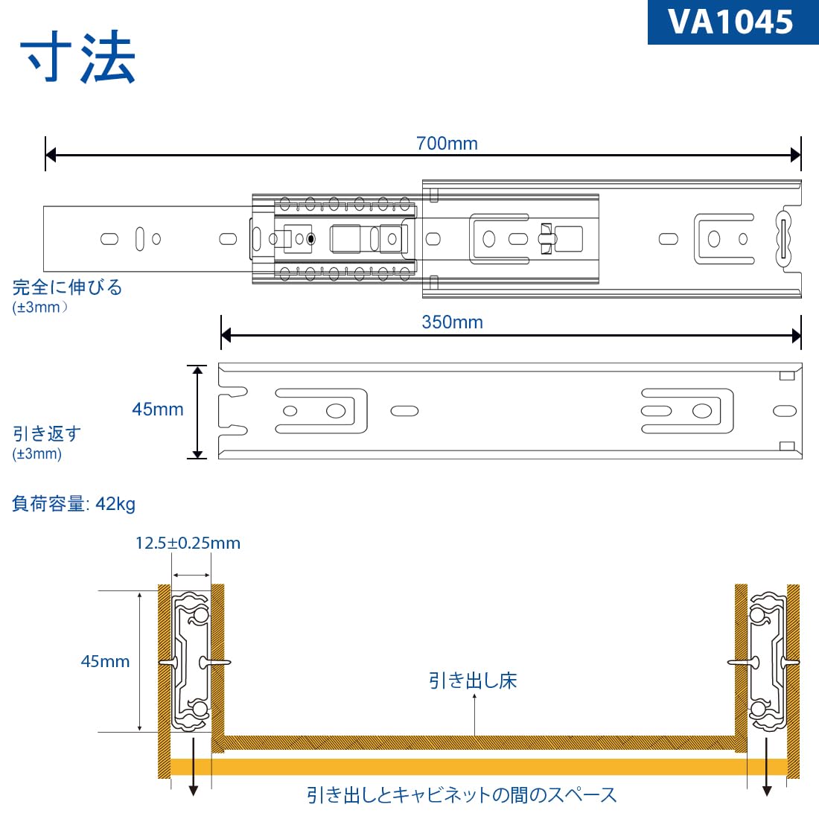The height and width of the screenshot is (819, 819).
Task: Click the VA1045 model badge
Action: pyautogui.click(x=733, y=22)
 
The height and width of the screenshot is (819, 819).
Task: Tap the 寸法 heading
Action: pyautogui.click(x=78, y=58)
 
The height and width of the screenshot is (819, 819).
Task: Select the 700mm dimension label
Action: pyautogui.click(x=447, y=143)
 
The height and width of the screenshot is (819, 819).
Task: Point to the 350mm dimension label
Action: pyautogui.click(x=452, y=322)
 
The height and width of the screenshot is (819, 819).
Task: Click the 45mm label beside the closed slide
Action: pyautogui.click(x=157, y=409)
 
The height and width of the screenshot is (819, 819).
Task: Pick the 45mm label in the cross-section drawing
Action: pyautogui.click(x=105, y=661)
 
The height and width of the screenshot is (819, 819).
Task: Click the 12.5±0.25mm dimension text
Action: pyautogui.click(x=188, y=543)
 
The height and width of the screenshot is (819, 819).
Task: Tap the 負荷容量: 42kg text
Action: pyautogui.click(x=74, y=504)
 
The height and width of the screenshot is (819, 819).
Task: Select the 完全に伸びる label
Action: pyautogui.click(x=67, y=287)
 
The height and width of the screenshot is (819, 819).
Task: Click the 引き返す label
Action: pyautogui.click(x=47, y=433)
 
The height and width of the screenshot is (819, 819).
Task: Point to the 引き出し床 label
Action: pyautogui.click(x=473, y=680)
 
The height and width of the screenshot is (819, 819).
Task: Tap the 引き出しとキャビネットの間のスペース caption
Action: pyautogui.click(x=462, y=795)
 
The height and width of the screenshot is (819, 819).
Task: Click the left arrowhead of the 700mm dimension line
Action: pyautogui.click(x=51, y=155)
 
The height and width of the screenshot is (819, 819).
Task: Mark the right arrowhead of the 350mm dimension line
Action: pyautogui.click(x=796, y=336)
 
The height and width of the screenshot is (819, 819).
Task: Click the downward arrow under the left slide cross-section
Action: pyautogui.click(x=193, y=789)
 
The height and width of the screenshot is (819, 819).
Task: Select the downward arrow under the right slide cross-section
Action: pyautogui.click(x=767, y=789)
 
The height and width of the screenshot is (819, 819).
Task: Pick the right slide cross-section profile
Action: pyautogui.click(x=767, y=661)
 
